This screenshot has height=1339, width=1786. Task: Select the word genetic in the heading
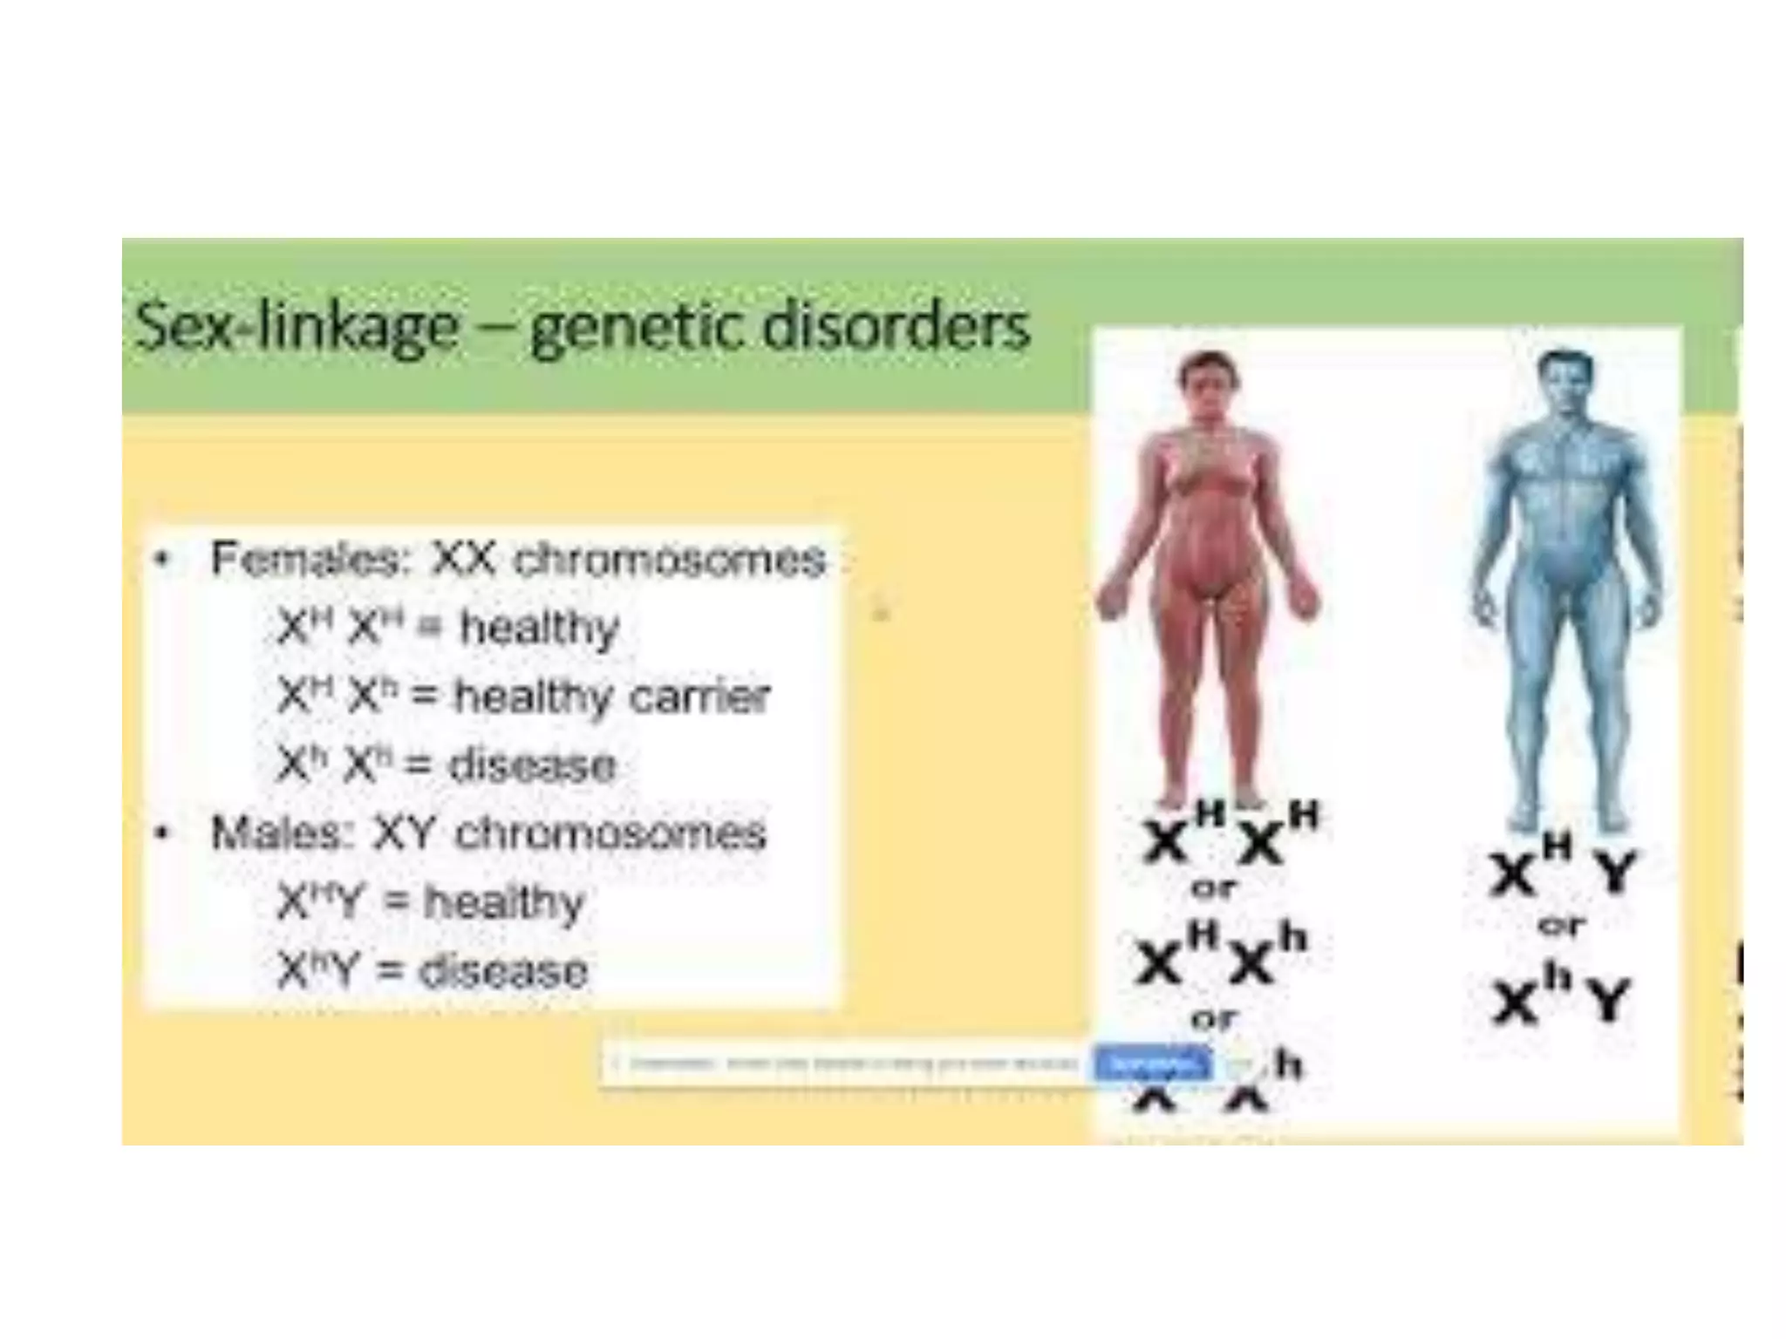click(x=637, y=330)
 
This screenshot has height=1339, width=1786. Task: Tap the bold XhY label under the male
click(x=1561, y=998)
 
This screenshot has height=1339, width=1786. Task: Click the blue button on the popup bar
click(x=1153, y=1064)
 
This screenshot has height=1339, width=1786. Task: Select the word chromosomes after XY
click(x=610, y=833)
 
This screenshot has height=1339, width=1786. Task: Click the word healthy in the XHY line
click(x=503, y=902)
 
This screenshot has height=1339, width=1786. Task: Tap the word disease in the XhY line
click(x=503, y=971)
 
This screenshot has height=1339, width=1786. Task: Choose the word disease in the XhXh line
click(x=531, y=766)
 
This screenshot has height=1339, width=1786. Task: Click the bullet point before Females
click(x=160, y=560)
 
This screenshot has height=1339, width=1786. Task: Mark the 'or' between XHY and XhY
click(x=1561, y=926)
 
